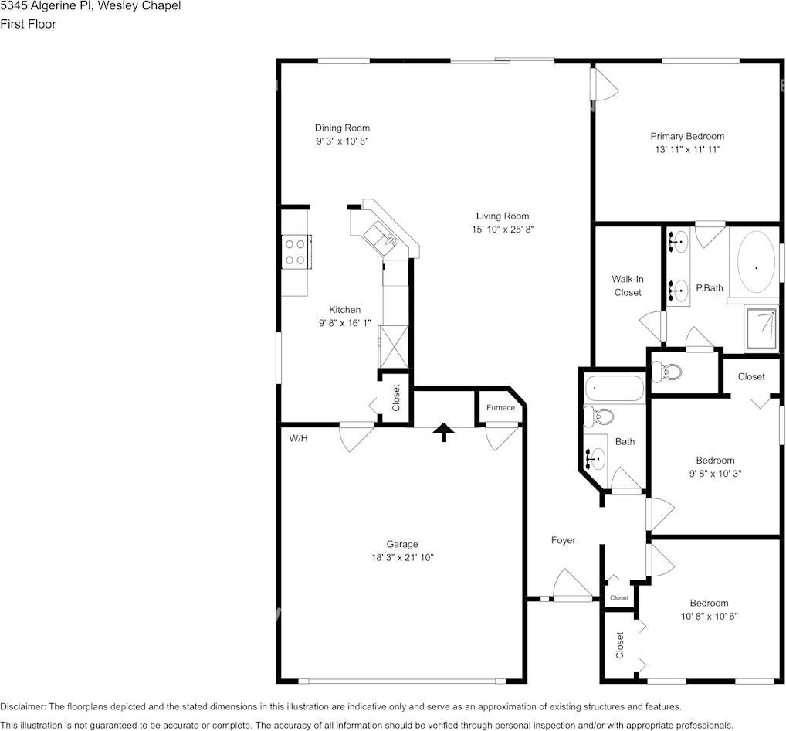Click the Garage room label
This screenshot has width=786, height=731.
pos(402,544)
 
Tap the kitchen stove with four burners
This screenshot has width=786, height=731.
pos(295,251)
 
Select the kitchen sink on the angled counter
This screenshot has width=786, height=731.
pos(382,235)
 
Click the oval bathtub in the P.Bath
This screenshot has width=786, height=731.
pos(755,267)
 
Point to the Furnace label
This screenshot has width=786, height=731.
pos(500,408)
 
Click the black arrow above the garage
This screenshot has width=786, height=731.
pos(443,432)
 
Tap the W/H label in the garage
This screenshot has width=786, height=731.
pos(298,438)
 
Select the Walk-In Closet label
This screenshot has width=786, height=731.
pos(628,286)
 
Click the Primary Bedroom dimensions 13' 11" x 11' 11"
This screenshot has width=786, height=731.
pos(686,150)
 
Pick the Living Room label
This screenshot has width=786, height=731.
pos(502,216)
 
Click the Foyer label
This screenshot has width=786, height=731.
pos(563,540)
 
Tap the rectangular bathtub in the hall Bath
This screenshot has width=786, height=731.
pos(614,389)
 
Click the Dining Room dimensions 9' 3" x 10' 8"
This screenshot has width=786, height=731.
pos(342,141)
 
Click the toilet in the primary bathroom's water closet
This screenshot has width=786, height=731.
pos(667,372)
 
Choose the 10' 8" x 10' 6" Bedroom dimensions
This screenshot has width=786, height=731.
pos(709,616)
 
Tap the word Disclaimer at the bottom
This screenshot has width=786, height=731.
pos(22,706)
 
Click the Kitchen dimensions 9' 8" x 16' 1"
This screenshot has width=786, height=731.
pos(344,324)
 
